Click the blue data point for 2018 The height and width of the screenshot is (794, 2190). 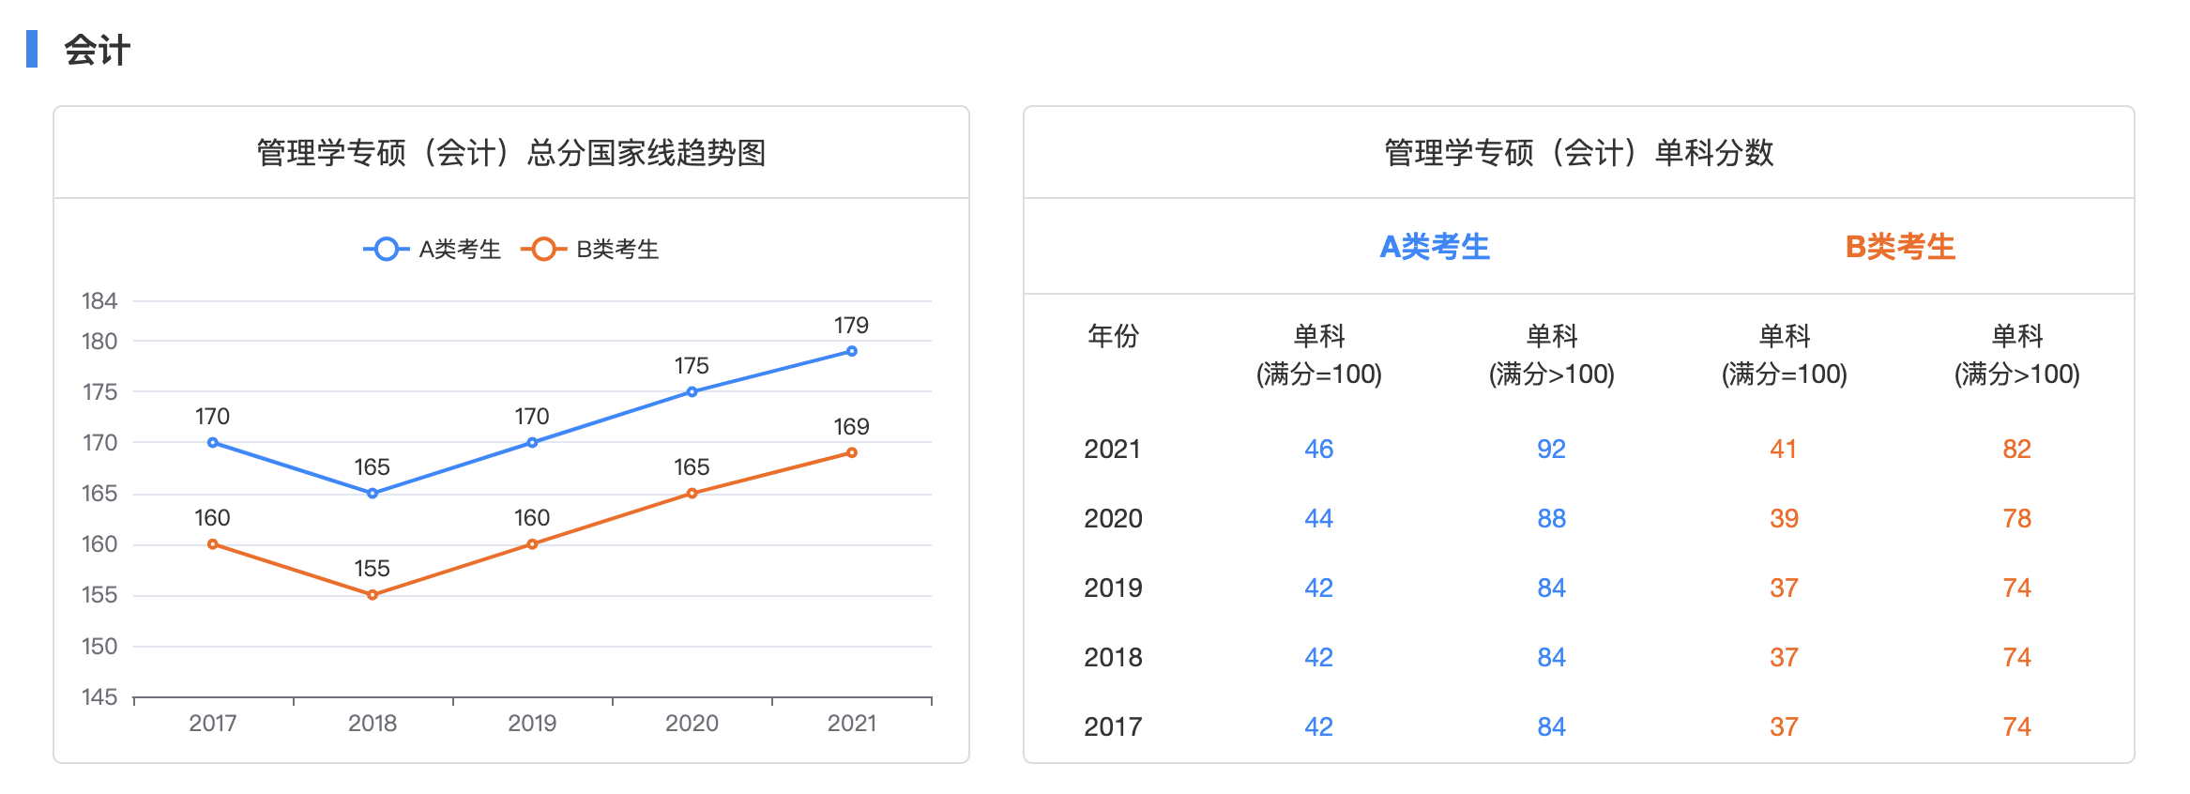[373, 493]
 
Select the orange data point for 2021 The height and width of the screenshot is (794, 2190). [851, 452]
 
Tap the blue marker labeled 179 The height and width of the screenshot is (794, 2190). [851, 351]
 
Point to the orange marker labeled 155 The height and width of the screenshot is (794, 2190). [373, 594]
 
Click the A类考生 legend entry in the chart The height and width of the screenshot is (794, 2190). [433, 249]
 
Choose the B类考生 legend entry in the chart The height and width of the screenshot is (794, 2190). [590, 249]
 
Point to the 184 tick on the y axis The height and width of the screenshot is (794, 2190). [99, 301]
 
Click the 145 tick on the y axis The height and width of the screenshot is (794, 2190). [99, 696]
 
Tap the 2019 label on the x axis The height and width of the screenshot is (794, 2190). [532, 723]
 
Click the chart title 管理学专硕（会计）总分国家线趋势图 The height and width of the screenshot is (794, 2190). [511, 152]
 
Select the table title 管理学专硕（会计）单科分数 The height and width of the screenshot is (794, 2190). [1578, 152]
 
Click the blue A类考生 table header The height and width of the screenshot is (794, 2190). [1435, 247]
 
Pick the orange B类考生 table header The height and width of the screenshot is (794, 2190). [1900, 247]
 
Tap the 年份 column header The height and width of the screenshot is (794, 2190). [1113, 336]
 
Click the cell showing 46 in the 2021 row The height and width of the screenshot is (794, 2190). [1318, 449]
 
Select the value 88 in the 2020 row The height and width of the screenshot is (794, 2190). [1551, 518]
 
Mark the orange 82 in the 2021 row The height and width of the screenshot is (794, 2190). [2016, 449]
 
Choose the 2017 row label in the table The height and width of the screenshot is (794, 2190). [1113, 726]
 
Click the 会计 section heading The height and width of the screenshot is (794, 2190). [97, 50]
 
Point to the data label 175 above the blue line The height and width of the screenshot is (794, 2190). [692, 365]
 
